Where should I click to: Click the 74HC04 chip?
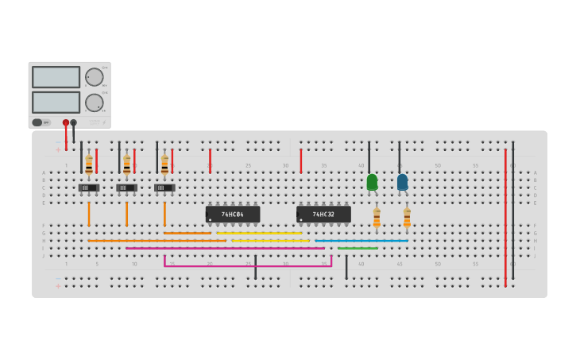[233, 215]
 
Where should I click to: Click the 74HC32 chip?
[323, 215]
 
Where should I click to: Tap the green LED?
[372, 182]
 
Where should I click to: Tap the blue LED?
[402, 182]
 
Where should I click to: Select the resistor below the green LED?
[377, 216]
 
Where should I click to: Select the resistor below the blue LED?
[407, 216]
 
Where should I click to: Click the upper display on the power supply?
[56, 77]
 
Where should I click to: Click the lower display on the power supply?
[56, 102]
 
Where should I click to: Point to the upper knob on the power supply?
[94, 77]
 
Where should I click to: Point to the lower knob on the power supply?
[94, 103]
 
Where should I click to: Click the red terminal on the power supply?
[66, 123]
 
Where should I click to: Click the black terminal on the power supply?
[74, 123]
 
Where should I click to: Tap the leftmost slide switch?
[89, 188]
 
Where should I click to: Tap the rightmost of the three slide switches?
[164, 188]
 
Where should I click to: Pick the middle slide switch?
[126, 188]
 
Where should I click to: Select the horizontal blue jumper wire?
[361, 241]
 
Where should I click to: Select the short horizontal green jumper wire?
[358, 248]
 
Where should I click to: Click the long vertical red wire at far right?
[505, 215]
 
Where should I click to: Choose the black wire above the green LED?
[369, 157]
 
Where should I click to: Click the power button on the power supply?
[37, 122]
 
